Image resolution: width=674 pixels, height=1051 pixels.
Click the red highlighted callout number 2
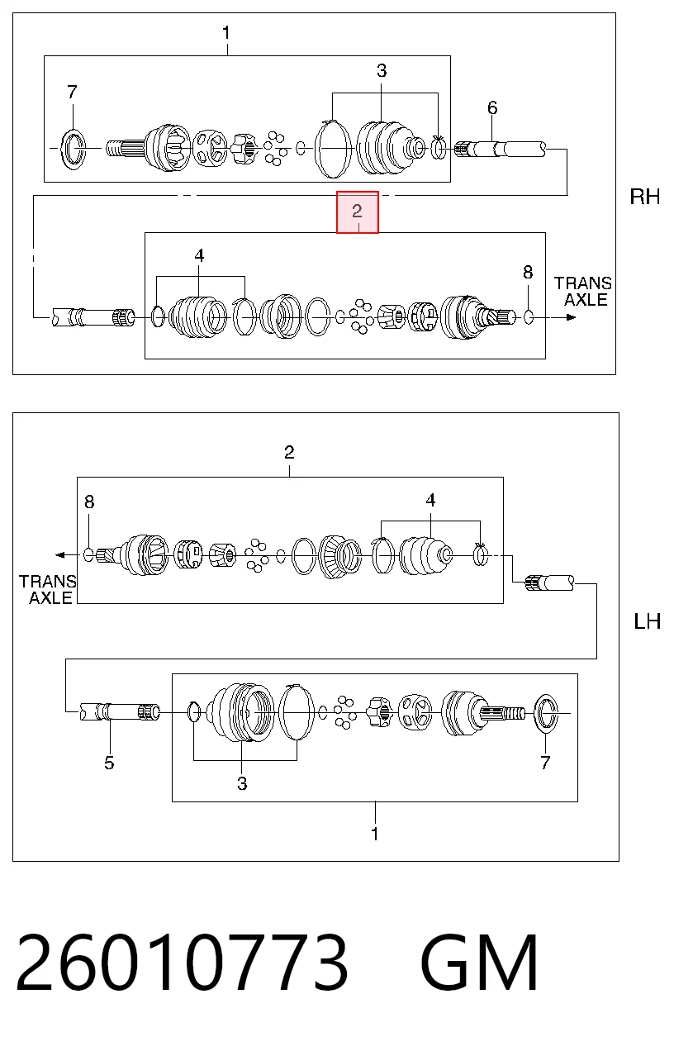[x=357, y=212]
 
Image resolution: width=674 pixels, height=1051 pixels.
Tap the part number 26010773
[x=183, y=963]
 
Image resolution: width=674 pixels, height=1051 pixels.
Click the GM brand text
[x=479, y=963]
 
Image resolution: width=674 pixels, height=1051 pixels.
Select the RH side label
[x=645, y=197]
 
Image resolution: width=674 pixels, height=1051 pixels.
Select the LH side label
[x=648, y=621]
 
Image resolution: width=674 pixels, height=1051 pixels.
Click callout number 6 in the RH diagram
[x=492, y=108]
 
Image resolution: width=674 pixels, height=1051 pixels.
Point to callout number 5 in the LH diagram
[x=109, y=763]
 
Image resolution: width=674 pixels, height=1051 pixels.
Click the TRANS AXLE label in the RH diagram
[x=583, y=292]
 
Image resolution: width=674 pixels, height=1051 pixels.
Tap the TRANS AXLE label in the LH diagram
[x=47, y=589]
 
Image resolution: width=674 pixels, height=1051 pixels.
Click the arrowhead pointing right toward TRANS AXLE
[x=571, y=317]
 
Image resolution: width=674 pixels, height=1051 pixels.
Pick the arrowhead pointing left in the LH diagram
[x=60, y=555]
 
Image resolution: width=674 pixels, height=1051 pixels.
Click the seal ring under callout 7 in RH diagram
[x=74, y=148]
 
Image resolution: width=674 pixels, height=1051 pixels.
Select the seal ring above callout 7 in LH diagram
[x=546, y=713]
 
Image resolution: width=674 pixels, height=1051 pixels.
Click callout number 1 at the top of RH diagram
[x=226, y=33]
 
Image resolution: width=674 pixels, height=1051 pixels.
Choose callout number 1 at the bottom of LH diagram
[x=374, y=834]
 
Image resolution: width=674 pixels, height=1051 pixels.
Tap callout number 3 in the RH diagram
[x=382, y=71]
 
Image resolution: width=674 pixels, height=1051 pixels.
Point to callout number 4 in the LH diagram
[x=430, y=500]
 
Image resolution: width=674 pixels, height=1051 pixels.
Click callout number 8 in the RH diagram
[x=528, y=273]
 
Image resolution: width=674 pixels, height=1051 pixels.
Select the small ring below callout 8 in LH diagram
[x=88, y=555]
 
